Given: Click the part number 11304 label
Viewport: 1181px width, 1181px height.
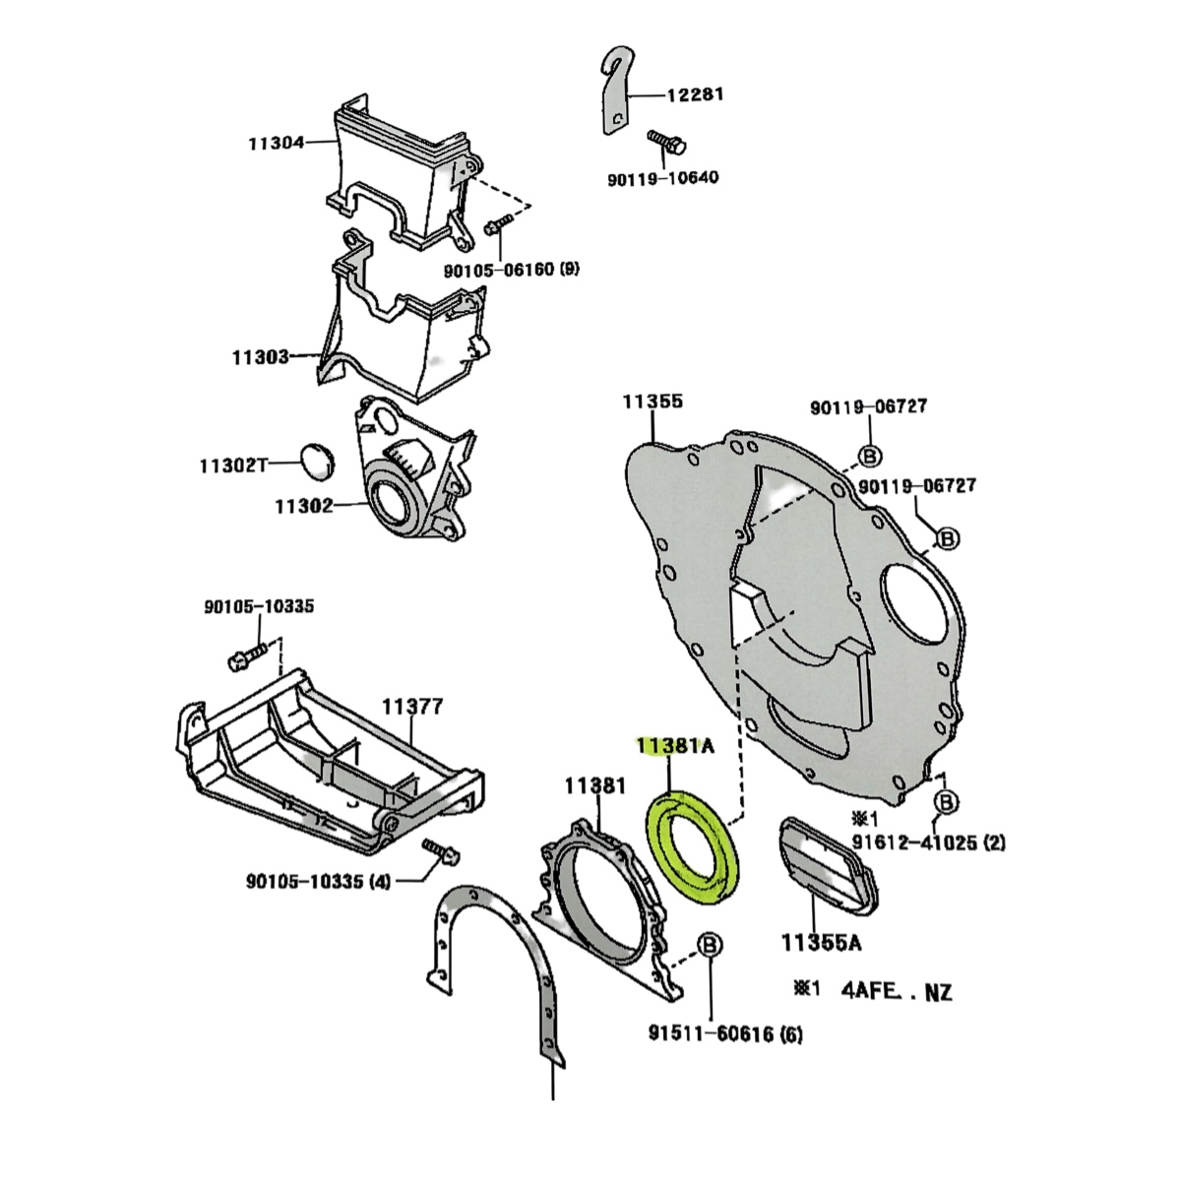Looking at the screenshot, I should tap(276, 144).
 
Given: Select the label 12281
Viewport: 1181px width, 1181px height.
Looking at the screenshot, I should tap(696, 95).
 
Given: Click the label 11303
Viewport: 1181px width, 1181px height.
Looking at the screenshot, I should tap(260, 357).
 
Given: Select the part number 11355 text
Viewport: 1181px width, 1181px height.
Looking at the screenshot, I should tap(652, 402).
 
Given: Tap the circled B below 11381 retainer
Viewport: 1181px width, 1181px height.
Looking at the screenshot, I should tap(709, 947).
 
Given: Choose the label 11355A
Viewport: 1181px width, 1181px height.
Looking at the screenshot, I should tap(822, 944).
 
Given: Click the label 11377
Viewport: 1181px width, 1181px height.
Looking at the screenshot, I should tap(412, 707).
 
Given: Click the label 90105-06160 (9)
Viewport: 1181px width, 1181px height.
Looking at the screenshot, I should tap(511, 268).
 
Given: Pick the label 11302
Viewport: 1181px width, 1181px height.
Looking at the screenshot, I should tap(303, 507).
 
